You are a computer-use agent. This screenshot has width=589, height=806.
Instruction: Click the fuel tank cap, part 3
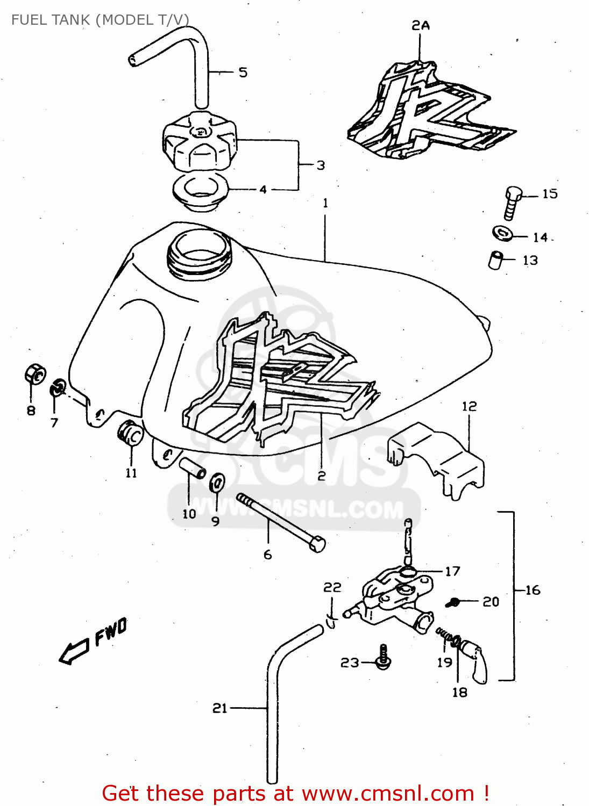199,141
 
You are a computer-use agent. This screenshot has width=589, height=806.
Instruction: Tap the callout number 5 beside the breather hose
243,73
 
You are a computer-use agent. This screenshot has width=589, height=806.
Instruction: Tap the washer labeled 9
217,483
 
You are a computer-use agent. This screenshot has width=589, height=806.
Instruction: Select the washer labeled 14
502,233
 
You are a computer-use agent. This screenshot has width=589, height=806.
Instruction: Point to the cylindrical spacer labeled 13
495,260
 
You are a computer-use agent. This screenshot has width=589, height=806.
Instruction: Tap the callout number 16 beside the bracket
533,591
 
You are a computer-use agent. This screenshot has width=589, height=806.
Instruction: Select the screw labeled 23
384,657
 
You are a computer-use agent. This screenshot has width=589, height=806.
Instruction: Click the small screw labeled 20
453,602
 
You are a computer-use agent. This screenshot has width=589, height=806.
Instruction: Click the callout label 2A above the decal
421,25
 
